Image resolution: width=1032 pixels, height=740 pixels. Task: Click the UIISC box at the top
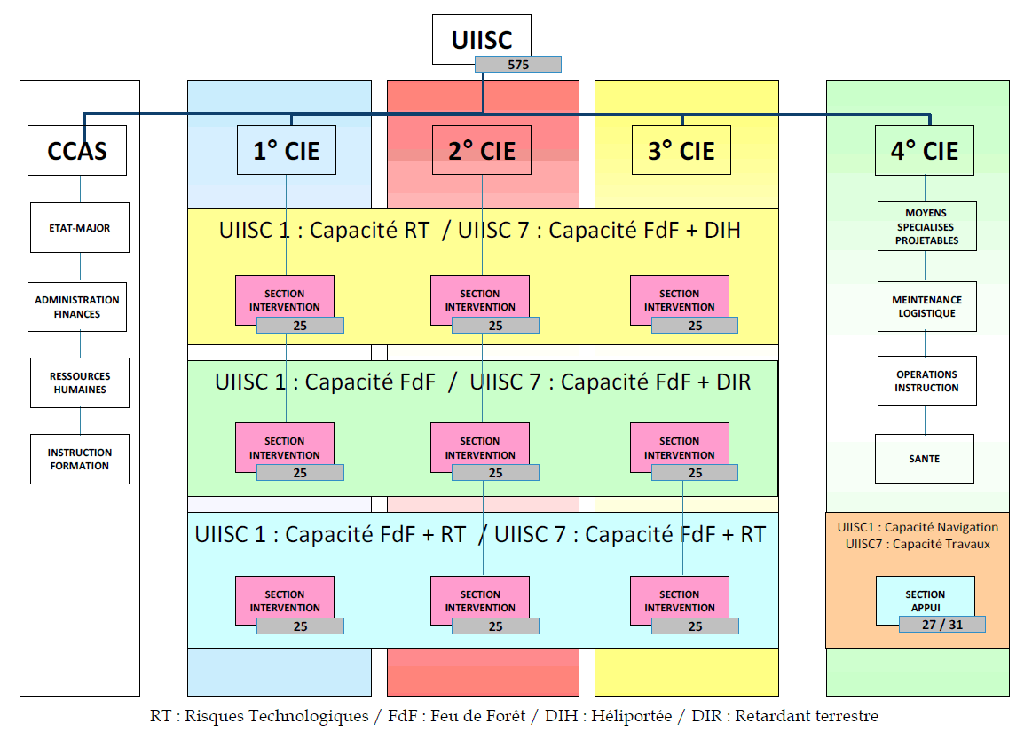[482, 39]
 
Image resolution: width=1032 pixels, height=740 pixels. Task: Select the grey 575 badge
[518, 65]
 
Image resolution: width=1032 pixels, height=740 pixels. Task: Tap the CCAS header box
[77, 150]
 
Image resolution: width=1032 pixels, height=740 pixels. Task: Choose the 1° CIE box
[286, 150]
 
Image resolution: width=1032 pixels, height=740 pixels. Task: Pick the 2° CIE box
[482, 150]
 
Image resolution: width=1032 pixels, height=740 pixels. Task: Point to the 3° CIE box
[681, 150]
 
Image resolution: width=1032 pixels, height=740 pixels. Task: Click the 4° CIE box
[925, 150]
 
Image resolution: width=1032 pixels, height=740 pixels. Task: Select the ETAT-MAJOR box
[80, 228]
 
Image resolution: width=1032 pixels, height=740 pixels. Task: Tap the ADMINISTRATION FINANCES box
[77, 307]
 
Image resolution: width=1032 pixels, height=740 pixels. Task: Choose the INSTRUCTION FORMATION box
[80, 459]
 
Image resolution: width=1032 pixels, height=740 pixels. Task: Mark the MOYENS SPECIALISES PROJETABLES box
[926, 226]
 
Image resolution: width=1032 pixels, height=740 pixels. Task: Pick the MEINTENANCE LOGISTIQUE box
[926, 307]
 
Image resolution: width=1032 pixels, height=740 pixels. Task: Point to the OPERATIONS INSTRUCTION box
[926, 382]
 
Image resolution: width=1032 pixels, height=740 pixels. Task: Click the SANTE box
[925, 459]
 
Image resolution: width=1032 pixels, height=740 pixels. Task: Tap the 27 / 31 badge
[942, 625]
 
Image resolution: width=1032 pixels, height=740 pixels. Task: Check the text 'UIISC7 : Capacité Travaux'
[918, 544]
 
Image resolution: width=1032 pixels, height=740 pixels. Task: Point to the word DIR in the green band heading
[733, 382]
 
